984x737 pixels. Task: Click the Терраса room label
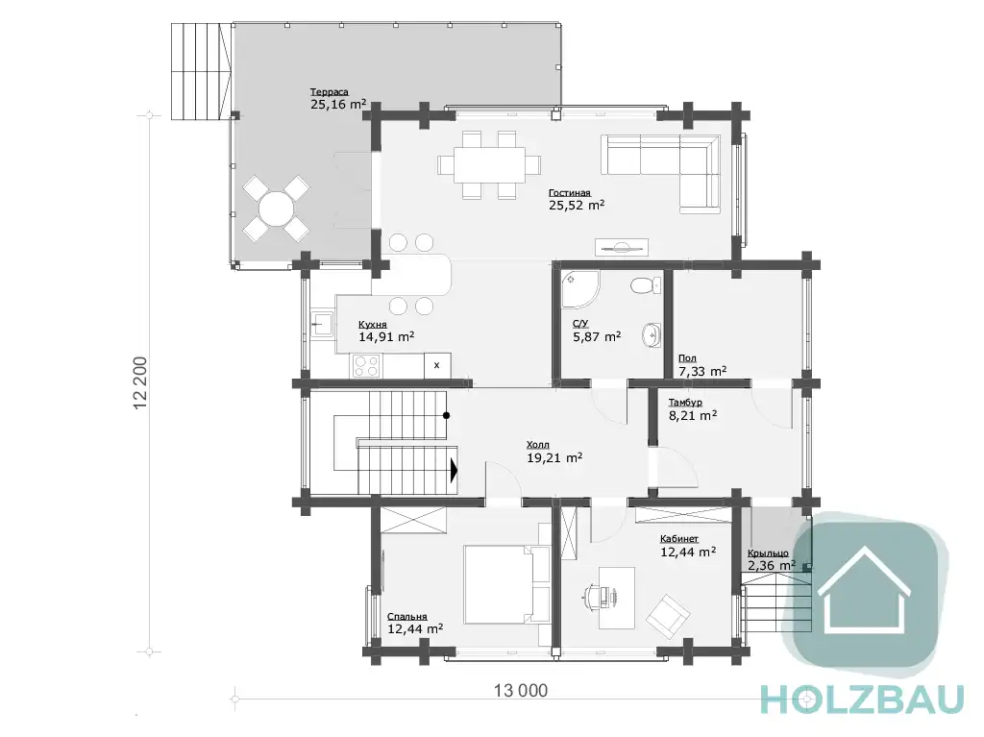[x=329, y=91]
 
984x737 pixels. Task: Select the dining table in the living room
[x=489, y=164]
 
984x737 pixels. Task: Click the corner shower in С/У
[x=579, y=289]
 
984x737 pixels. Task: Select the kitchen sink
[x=323, y=325]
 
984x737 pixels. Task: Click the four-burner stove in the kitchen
[x=366, y=365]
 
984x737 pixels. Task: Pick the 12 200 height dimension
[x=140, y=383]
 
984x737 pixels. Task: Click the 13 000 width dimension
[x=520, y=691]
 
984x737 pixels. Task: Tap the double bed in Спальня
[x=506, y=584]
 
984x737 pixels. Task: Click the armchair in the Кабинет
[x=669, y=614]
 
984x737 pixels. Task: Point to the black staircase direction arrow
[x=455, y=470]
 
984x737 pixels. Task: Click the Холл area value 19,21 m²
[x=554, y=458]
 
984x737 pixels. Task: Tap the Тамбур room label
[x=685, y=403]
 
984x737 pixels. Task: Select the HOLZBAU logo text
[x=862, y=699]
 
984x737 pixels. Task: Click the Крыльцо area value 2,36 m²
[x=772, y=566]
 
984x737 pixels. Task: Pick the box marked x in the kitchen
[x=437, y=365]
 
